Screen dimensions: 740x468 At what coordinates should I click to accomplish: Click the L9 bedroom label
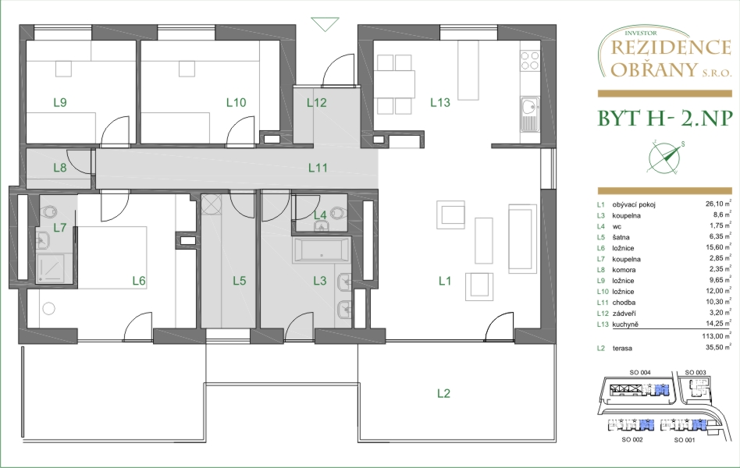point(60,102)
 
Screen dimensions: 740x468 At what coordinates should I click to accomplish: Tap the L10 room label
point(236,102)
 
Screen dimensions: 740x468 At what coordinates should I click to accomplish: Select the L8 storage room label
point(60,168)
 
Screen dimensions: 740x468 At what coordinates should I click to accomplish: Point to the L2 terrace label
point(443,393)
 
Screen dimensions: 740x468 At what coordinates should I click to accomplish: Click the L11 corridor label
point(318,168)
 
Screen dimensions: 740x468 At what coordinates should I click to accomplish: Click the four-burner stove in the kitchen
point(530,60)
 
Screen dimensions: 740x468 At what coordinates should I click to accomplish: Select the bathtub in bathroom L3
point(322,250)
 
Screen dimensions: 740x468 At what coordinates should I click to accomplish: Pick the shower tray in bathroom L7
point(54,269)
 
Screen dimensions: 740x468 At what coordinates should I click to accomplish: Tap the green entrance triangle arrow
point(326,24)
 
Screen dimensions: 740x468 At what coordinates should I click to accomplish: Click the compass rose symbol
point(664,157)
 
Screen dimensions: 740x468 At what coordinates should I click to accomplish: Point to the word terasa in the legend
point(622,349)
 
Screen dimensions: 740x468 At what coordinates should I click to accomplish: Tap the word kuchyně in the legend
point(625,324)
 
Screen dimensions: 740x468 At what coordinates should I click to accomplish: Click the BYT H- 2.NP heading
point(665,119)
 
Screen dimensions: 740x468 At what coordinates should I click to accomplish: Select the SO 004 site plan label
point(640,372)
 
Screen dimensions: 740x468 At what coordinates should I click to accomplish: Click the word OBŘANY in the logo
point(653,69)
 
